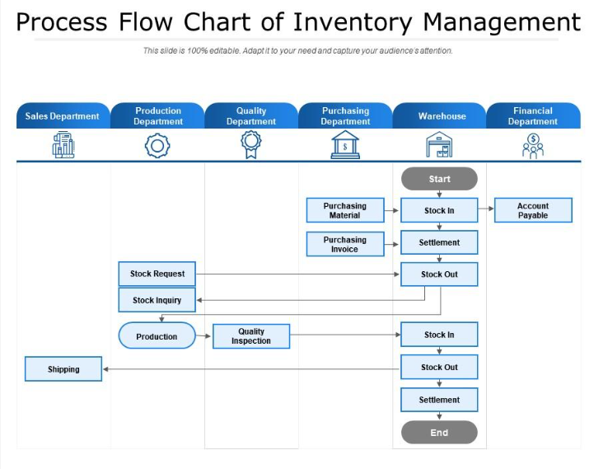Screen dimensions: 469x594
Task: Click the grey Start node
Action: pyautogui.click(x=439, y=179)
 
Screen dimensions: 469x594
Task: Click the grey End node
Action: pyautogui.click(x=439, y=433)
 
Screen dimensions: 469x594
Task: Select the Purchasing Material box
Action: pyautogui.click(x=345, y=210)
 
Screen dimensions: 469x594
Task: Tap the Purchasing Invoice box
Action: pyautogui.click(x=345, y=244)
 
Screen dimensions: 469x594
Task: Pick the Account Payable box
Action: pyautogui.click(x=533, y=210)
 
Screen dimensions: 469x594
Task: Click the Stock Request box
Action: pyautogui.click(x=157, y=274)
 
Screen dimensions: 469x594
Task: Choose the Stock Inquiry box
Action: pyautogui.click(x=157, y=300)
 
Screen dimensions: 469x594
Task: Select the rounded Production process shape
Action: pyautogui.click(x=157, y=336)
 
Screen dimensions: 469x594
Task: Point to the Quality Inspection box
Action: pyautogui.click(x=251, y=336)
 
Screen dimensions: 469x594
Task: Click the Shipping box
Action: pyautogui.click(x=63, y=369)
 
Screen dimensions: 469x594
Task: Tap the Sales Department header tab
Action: pyautogui.click(x=63, y=116)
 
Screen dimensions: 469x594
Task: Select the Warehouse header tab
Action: pyautogui.click(x=440, y=116)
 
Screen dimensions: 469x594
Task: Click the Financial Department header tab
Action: pyautogui.click(x=533, y=116)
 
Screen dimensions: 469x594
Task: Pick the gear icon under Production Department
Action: pyautogui.click(x=157, y=146)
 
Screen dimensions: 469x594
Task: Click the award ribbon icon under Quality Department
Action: pyautogui.click(x=251, y=145)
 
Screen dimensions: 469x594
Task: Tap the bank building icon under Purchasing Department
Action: pyautogui.click(x=345, y=145)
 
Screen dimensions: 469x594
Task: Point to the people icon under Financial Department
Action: pyautogui.click(x=533, y=146)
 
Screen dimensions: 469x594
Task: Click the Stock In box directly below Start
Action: pyautogui.click(x=439, y=210)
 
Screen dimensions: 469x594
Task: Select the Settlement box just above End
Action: pyautogui.click(x=439, y=400)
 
